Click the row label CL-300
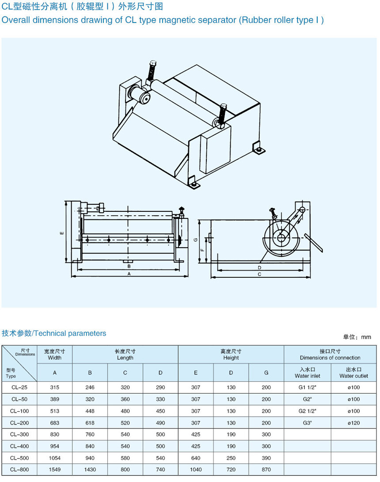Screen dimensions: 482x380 pyautogui.click(x=19, y=435)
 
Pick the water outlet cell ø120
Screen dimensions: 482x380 pyautogui.click(x=353, y=423)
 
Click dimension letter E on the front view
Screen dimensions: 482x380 pyautogui.click(x=62, y=233)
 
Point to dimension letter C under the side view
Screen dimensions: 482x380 pyautogui.click(x=259, y=275)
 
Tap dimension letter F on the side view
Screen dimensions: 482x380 pyautogui.click(x=201, y=250)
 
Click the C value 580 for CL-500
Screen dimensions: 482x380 pyautogui.click(x=125, y=458)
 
